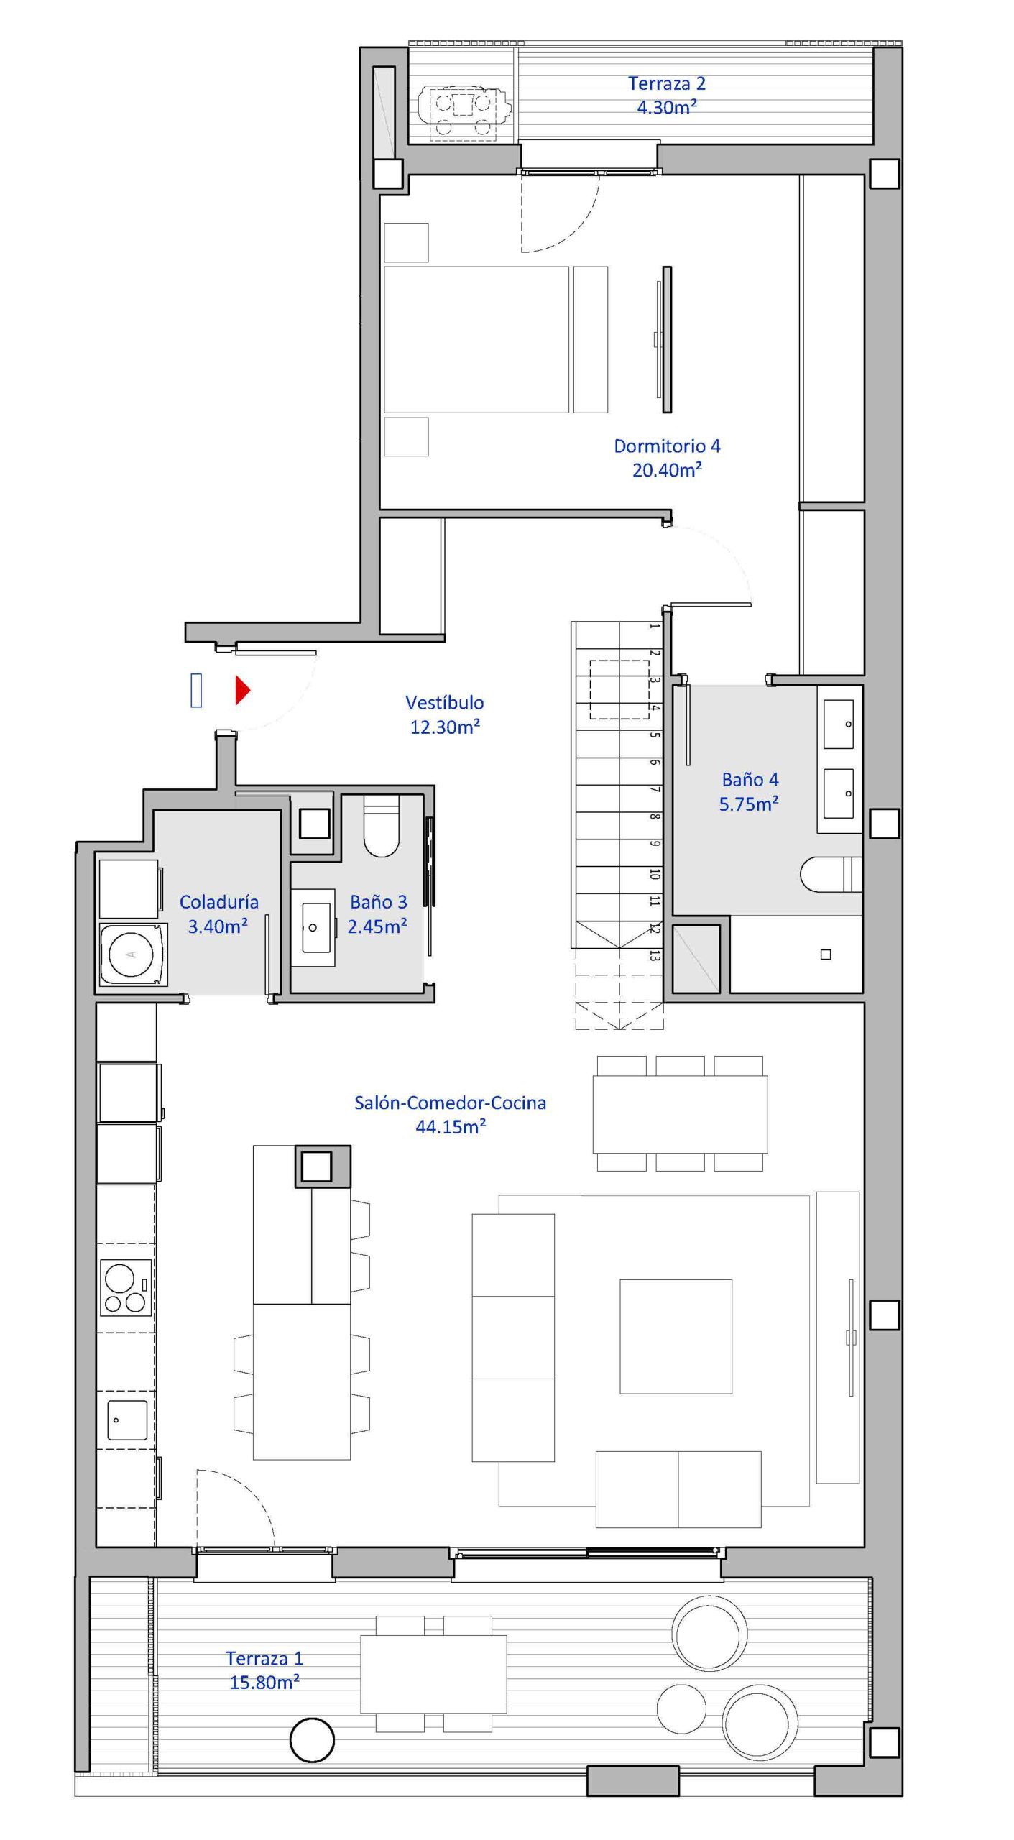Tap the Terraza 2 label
click(x=667, y=83)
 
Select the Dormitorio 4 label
click(x=667, y=446)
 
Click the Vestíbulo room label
click(x=444, y=702)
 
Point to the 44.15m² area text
click(x=451, y=1126)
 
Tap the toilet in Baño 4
click(x=831, y=873)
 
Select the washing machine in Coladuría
click(x=132, y=954)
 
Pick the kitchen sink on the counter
click(x=126, y=1420)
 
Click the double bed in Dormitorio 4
click(x=476, y=339)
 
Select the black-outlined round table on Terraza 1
click(x=312, y=1740)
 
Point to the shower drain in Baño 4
click(x=826, y=954)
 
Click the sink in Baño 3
click(x=313, y=927)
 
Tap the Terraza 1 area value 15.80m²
click(x=264, y=1682)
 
